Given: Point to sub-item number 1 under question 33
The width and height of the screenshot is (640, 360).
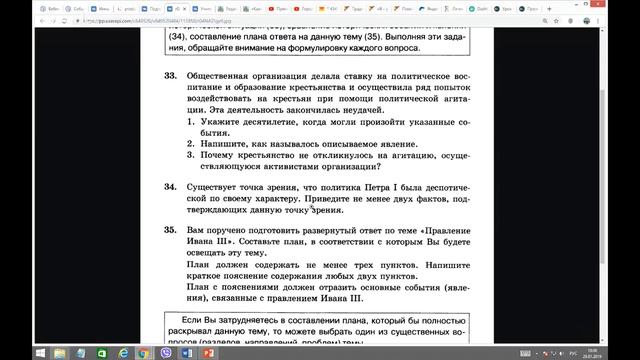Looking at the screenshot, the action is [192, 120].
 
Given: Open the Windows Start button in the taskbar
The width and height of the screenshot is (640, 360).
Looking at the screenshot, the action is [8, 352].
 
